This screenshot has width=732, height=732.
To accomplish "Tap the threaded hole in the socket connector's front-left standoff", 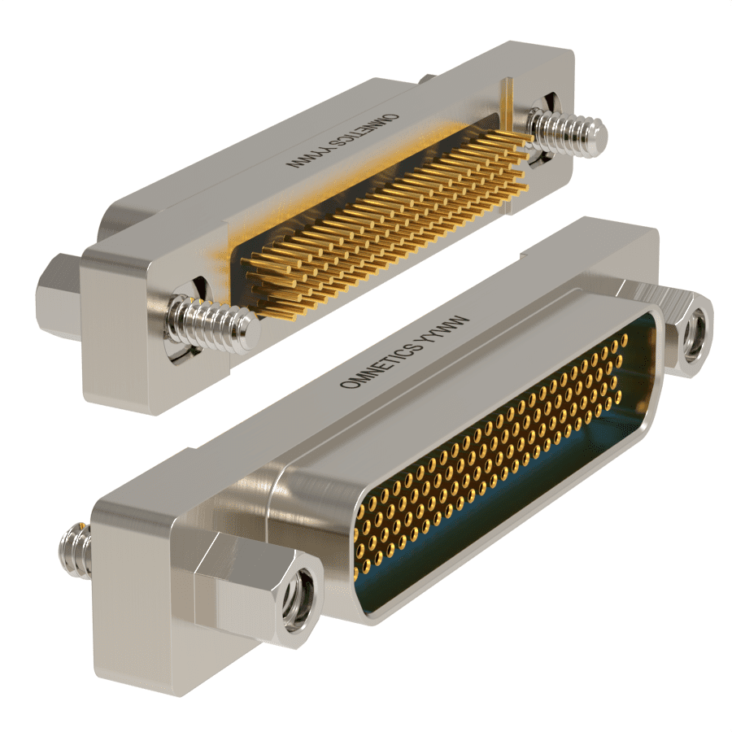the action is pyautogui.click(x=299, y=599).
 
